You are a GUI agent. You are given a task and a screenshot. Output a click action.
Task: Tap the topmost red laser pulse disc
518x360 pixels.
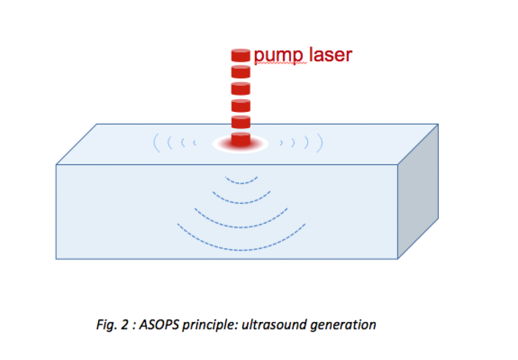(x=241, y=55)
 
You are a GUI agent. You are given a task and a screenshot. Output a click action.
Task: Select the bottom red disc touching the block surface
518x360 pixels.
(x=241, y=139)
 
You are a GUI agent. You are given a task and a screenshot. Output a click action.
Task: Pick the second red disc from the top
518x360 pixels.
(x=241, y=71)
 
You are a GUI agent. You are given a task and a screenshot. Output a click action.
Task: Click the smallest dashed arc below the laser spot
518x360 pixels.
(x=241, y=181)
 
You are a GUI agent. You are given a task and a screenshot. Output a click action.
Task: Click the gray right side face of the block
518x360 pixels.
(x=418, y=192)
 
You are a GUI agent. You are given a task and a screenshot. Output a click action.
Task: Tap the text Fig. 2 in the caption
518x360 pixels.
(x=107, y=324)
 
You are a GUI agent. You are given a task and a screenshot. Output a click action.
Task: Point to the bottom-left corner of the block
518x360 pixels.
(x=56, y=259)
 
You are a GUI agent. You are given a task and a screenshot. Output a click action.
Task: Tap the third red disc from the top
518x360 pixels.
(x=241, y=88)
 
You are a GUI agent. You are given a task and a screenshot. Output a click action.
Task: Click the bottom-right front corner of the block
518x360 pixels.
(x=398, y=259)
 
